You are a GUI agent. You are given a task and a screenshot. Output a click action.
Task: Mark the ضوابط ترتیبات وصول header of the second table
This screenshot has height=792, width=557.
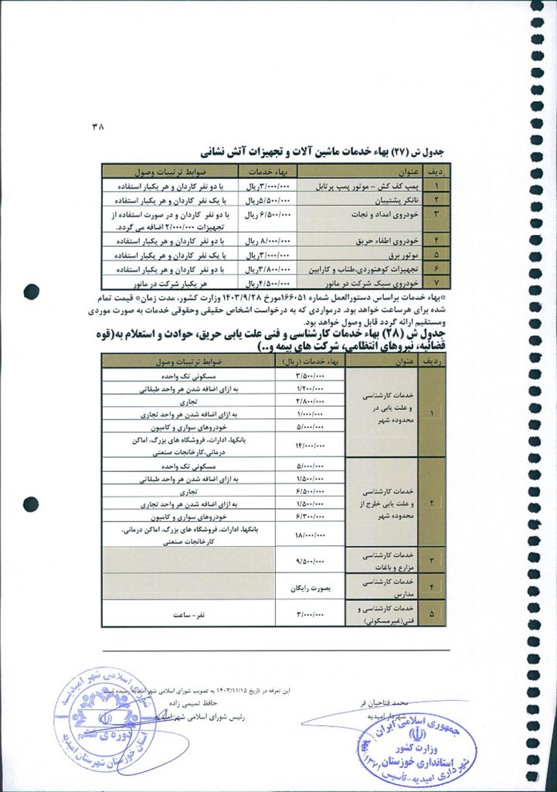(188, 362)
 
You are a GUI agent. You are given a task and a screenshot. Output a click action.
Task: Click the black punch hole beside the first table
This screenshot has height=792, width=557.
(31, 291)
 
